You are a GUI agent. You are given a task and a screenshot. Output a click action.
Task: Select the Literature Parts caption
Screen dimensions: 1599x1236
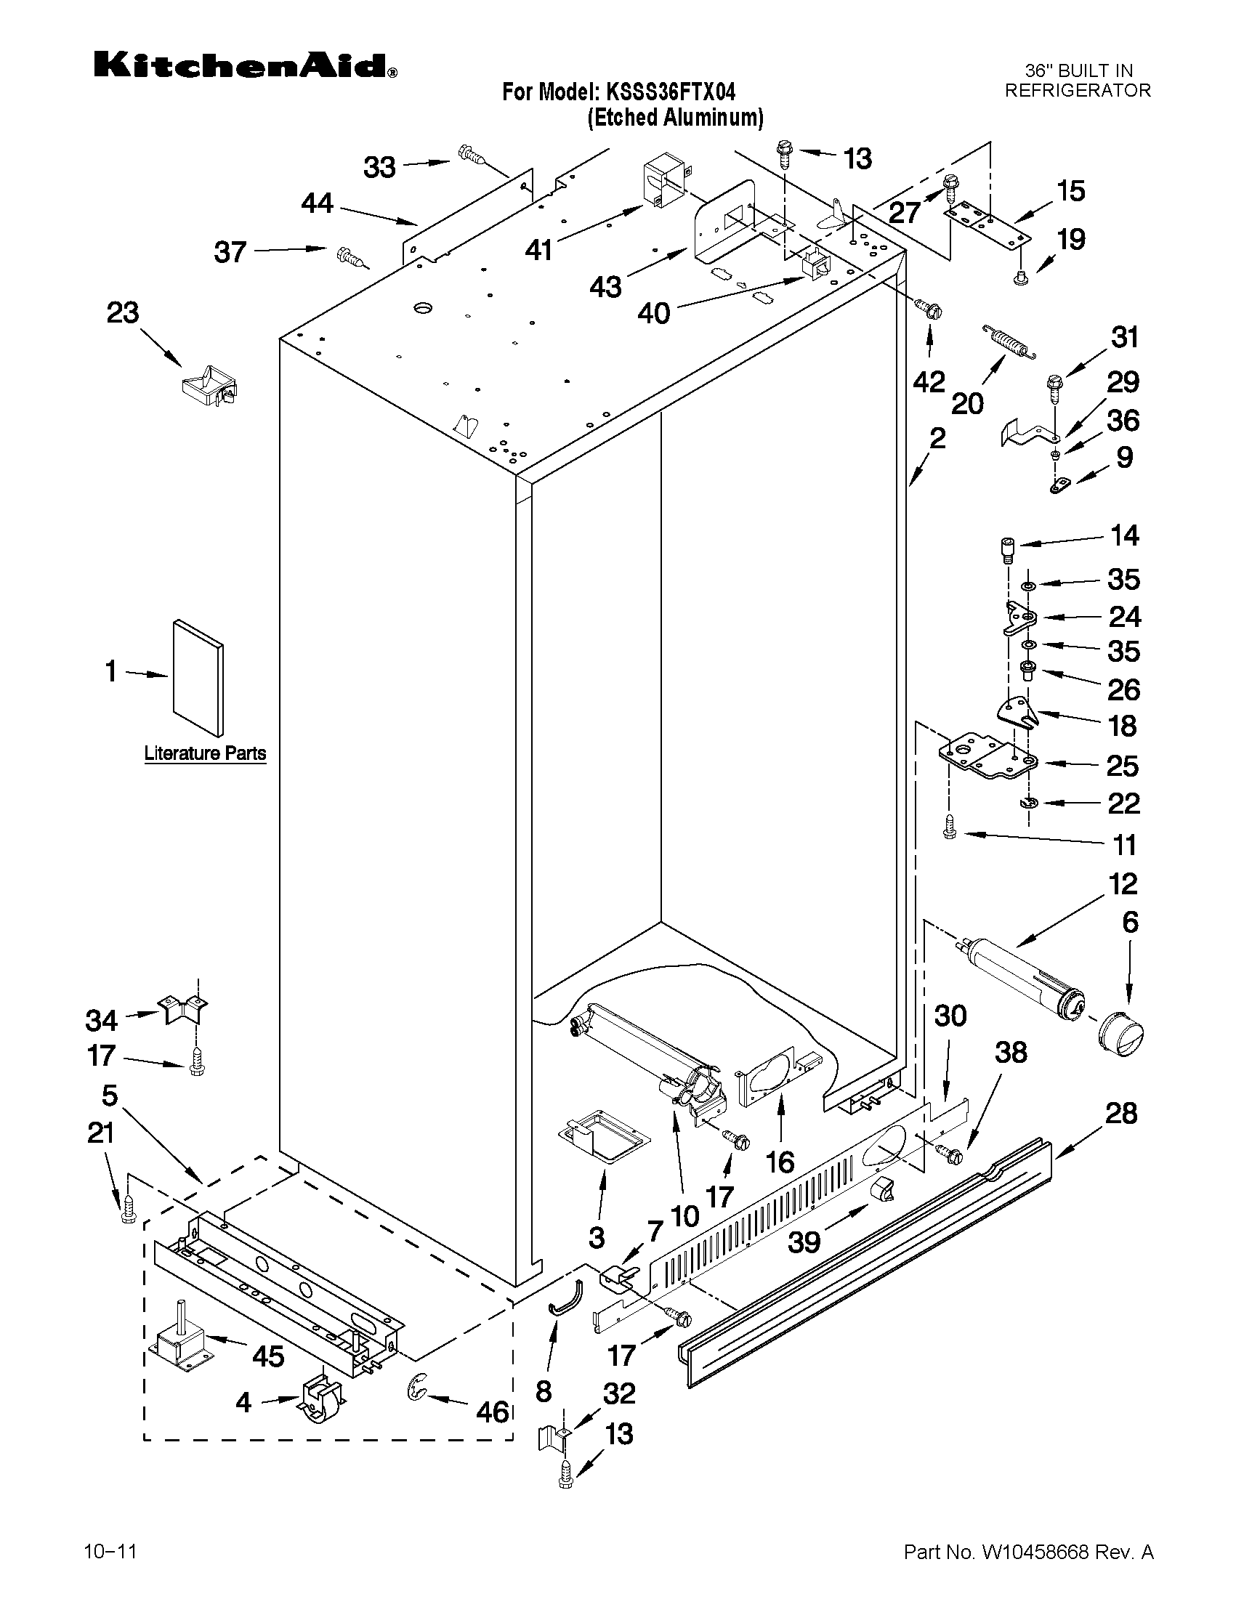[x=205, y=753]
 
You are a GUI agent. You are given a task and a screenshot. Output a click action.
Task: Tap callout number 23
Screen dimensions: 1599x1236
[x=123, y=312]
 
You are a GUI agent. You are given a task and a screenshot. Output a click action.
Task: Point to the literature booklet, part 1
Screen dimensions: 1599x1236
[x=198, y=677]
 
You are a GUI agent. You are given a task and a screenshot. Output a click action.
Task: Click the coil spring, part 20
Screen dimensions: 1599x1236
[x=1010, y=342]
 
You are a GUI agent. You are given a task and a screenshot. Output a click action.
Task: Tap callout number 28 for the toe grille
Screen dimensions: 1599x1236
[x=1120, y=1114]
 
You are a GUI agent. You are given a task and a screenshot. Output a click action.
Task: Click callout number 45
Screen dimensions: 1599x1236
[x=267, y=1356]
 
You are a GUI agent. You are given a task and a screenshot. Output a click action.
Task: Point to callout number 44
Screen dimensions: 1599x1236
[x=317, y=203]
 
